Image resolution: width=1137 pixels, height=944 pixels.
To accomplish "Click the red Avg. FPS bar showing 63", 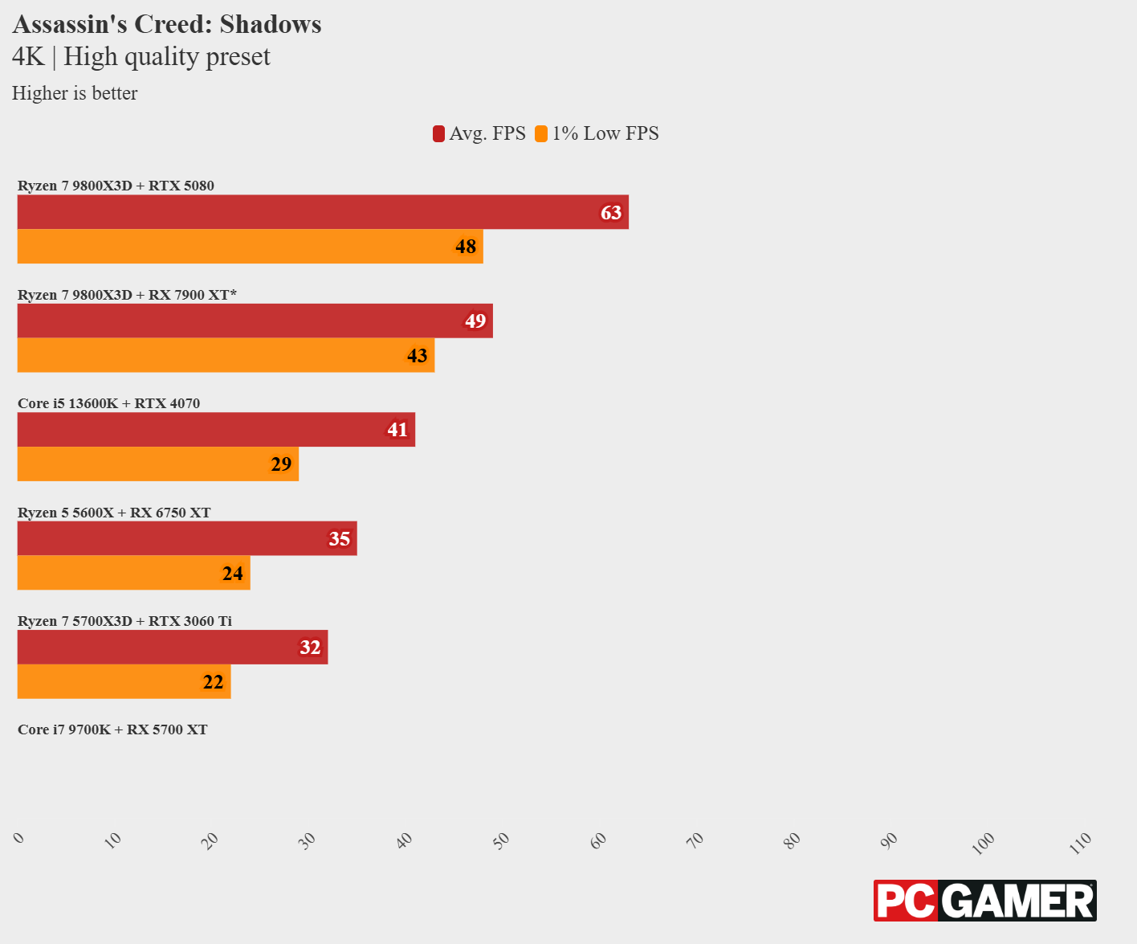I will click(321, 212).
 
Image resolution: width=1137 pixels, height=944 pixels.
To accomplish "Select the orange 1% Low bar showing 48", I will click(249, 247).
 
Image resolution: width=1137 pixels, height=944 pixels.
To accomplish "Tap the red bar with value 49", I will click(254, 321).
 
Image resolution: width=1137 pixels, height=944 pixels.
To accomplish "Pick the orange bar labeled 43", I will click(225, 355).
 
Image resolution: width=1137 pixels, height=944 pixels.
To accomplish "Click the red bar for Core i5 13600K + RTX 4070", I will click(215, 430).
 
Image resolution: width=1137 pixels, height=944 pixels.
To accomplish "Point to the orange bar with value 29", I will click(157, 464).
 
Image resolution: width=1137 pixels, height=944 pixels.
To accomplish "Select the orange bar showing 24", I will click(133, 573).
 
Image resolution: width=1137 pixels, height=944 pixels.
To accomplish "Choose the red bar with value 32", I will click(172, 648).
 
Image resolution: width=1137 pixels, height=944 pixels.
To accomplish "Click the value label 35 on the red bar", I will click(340, 539).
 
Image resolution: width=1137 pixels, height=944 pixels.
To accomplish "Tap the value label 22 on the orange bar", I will click(214, 682).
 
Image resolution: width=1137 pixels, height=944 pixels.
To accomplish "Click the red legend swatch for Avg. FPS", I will click(439, 134).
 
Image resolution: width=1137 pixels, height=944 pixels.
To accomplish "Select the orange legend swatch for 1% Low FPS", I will click(541, 134).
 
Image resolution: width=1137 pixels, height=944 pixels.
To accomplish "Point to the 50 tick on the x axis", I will click(502, 840).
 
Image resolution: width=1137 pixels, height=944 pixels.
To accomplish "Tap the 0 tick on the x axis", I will click(19, 838).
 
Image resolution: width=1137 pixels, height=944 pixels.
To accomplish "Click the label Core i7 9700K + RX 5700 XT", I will click(112, 729).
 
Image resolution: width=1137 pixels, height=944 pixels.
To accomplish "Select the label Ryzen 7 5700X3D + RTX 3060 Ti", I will click(124, 621).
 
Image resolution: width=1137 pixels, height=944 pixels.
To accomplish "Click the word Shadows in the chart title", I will click(271, 24).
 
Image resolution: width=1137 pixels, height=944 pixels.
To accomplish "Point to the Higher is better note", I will click(75, 93).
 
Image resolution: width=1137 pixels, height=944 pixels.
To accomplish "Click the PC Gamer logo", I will click(984, 901).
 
